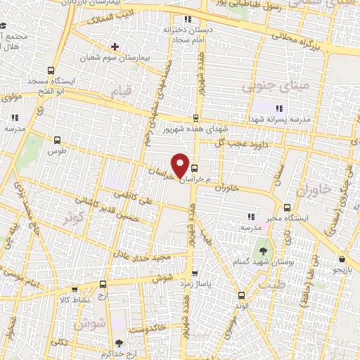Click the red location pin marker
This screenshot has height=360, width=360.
tap(181, 165)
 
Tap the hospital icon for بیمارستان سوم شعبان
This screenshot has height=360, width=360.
tap(115, 46)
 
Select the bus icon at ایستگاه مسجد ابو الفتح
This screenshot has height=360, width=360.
tap(50, 70)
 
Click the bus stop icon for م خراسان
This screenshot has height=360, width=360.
tap(195, 168)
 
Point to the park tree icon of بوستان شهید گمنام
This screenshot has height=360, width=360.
tap(263, 250)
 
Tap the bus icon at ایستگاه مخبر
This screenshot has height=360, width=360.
tap(287, 207)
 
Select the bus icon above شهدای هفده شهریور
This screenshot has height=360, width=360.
tap(195, 117)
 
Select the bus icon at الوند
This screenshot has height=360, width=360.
tap(242, 295)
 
